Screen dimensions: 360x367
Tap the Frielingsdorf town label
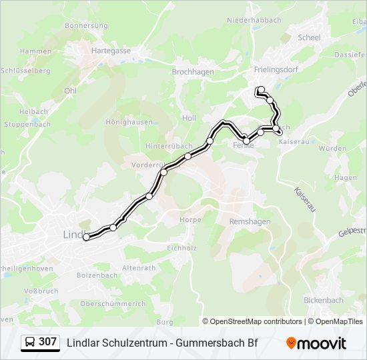[275, 69]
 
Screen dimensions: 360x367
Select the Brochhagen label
[193, 71]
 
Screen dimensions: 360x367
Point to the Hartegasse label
[111, 50]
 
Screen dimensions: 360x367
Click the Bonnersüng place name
[86, 25]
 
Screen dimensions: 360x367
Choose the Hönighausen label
[129, 122]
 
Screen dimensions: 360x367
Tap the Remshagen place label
[250, 221]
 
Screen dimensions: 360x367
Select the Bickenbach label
[324, 300]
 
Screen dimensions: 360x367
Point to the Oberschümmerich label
[113, 303]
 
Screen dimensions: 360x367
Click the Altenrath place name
[139, 268]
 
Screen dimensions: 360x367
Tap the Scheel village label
[310, 38]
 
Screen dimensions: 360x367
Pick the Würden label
[332, 149]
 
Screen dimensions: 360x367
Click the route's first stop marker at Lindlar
[86, 237]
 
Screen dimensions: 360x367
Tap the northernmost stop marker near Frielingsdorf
[261, 90]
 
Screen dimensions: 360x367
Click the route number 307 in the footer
[47, 342]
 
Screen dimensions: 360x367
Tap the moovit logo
[316, 343]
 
